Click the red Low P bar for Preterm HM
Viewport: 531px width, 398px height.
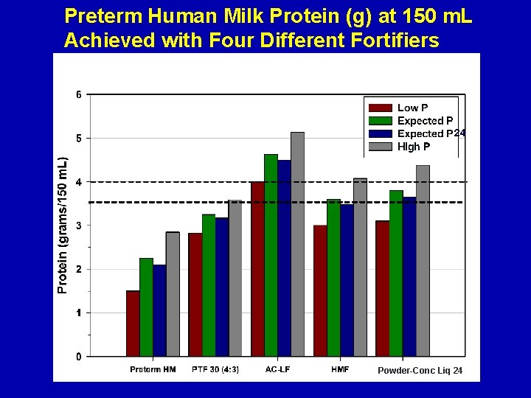pos(133,324)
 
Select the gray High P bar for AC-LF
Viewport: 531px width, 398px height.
pos(297,244)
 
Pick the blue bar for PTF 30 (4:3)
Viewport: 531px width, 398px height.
pos(222,287)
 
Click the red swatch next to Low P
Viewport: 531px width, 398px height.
pos(380,108)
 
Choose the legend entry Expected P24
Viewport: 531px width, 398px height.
pos(431,133)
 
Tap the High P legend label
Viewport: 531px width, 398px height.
pos(414,147)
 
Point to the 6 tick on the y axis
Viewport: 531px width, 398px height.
pos(79,94)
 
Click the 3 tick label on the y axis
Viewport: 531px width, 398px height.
pos(79,226)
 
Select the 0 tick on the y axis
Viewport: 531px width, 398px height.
pos(79,357)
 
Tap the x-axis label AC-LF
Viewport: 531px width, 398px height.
pos(277,369)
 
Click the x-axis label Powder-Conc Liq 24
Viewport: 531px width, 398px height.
pos(420,370)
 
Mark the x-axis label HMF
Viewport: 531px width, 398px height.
pos(340,369)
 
